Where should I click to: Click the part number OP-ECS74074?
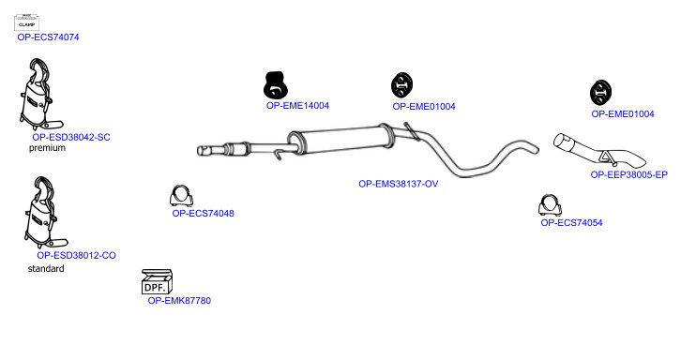click(x=48, y=37)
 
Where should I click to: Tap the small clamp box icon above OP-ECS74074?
click(x=26, y=22)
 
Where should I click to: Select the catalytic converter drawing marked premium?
click(x=40, y=94)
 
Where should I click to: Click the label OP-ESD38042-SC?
click(x=71, y=137)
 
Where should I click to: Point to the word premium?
click(x=47, y=148)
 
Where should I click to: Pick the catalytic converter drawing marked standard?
click(x=45, y=212)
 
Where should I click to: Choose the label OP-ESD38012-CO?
click(x=76, y=255)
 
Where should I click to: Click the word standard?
click(x=46, y=268)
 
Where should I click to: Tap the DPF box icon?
click(x=158, y=281)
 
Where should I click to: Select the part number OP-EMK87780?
click(x=179, y=301)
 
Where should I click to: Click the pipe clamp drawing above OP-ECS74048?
click(x=181, y=196)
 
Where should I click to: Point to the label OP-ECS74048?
click(x=203, y=213)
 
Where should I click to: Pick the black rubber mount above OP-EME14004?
click(x=276, y=84)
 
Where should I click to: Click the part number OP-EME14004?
click(x=297, y=106)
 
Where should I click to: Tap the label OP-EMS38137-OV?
click(x=398, y=184)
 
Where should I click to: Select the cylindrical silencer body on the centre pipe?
click(x=340, y=140)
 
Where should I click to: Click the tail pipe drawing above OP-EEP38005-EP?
click(x=598, y=150)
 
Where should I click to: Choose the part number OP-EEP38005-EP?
click(x=628, y=175)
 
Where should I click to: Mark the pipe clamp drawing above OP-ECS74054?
click(x=550, y=205)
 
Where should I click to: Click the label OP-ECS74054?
click(x=571, y=223)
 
